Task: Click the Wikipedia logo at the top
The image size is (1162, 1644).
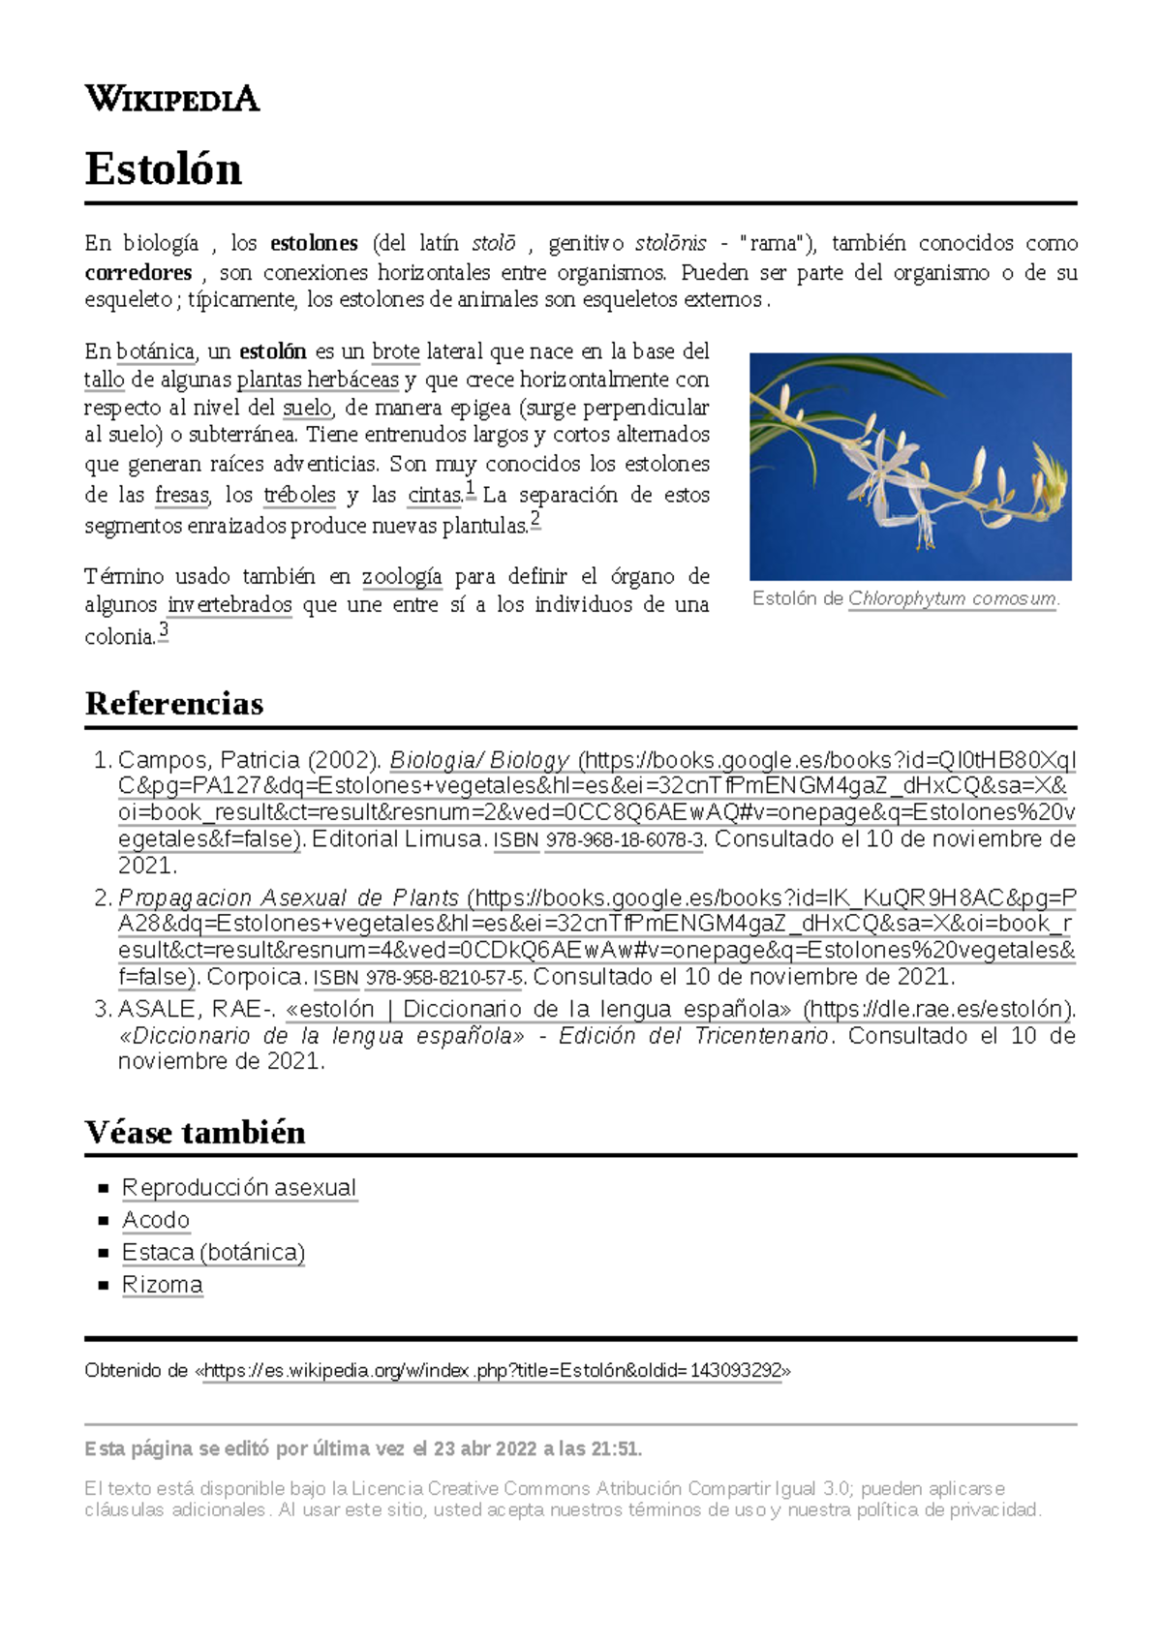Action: pyautogui.click(x=172, y=99)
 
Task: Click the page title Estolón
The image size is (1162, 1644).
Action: pyautogui.click(x=163, y=168)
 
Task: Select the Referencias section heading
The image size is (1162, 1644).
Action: pyautogui.click(x=174, y=703)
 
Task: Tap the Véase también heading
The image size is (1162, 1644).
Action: pyautogui.click(x=195, y=1132)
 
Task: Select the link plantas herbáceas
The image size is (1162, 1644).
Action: pyautogui.click(x=318, y=380)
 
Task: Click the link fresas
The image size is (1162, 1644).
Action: pyautogui.click(x=182, y=495)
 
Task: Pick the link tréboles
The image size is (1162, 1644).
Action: pyautogui.click(x=299, y=495)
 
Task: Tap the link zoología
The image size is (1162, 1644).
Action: pyautogui.click(x=402, y=577)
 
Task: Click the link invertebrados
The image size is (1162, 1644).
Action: pyautogui.click(x=229, y=605)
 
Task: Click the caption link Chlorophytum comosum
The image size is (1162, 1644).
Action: pyautogui.click(x=952, y=598)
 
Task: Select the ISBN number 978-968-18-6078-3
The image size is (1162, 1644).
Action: pyautogui.click(x=626, y=840)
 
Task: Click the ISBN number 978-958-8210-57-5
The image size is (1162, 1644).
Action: pyautogui.click(x=444, y=978)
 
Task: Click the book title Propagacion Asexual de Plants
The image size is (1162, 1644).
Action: pyautogui.click(x=289, y=898)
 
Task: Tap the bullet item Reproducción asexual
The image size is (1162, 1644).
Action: pyautogui.click(x=239, y=1188)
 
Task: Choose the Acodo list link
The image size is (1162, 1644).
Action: pyautogui.click(x=156, y=1220)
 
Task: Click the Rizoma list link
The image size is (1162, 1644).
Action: pyautogui.click(x=163, y=1285)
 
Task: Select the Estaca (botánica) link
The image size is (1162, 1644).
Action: pyautogui.click(x=213, y=1253)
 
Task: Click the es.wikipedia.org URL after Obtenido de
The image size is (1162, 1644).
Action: pyautogui.click(x=493, y=1371)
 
